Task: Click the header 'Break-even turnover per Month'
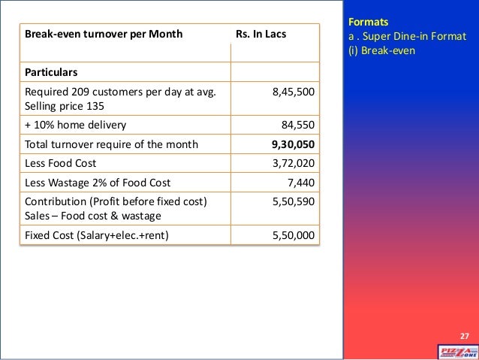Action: [x=104, y=35]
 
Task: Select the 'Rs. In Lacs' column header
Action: [x=261, y=35]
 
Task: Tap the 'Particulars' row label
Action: [x=52, y=73]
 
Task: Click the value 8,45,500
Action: [x=294, y=92]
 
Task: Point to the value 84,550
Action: [x=297, y=125]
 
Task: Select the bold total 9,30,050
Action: [x=293, y=144]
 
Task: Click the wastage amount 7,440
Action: [x=300, y=182]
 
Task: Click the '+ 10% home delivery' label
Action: [x=76, y=125]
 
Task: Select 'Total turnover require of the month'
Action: [x=112, y=144]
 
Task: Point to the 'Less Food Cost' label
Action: [x=61, y=162]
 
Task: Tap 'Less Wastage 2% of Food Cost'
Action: [x=98, y=182]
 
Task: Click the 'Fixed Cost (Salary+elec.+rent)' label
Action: [x=98, y=236]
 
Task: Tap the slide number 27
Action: [x=463, y=335]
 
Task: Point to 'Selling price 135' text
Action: [x=65, y=105]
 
